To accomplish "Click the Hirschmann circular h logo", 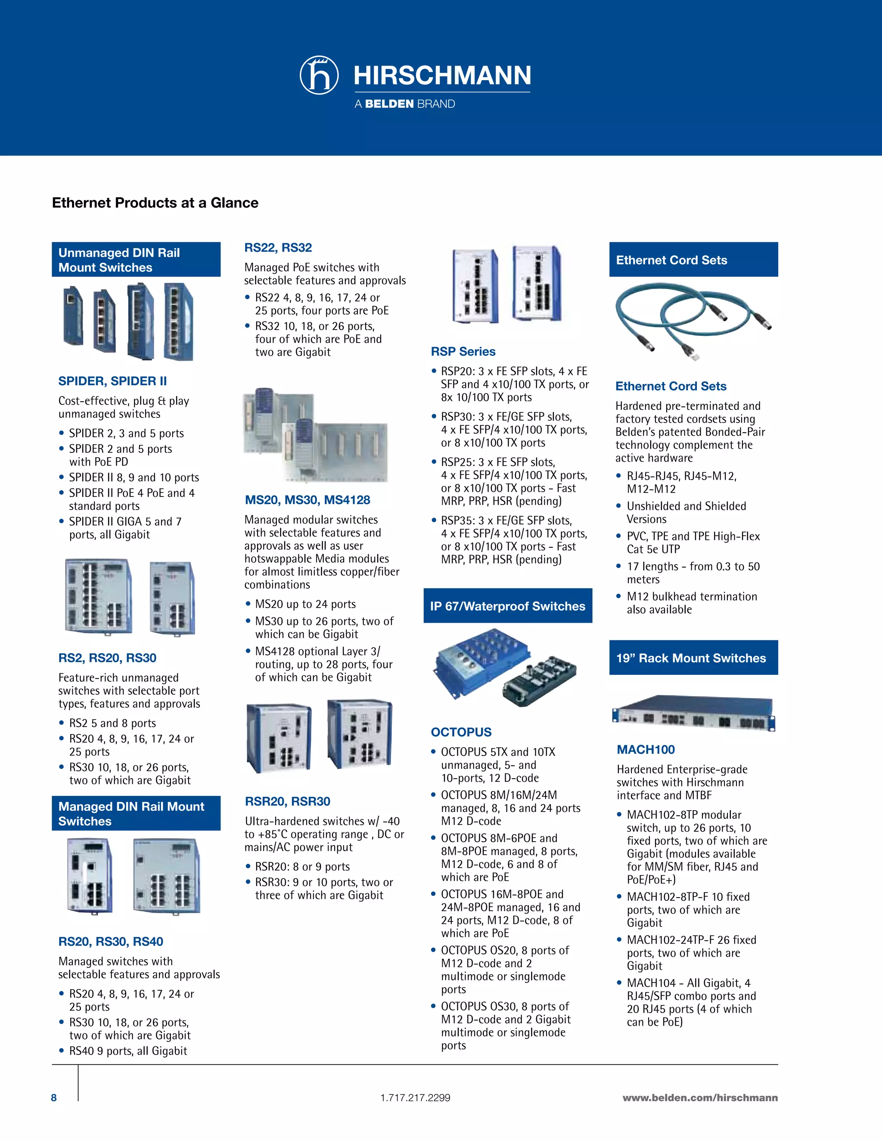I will [319, 75].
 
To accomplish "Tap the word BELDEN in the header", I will [389, 104].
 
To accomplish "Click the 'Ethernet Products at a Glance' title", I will [155, 203].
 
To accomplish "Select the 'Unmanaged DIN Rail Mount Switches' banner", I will [136, 260].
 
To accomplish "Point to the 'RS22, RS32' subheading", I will [278, 248].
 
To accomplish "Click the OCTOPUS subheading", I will [461, 733].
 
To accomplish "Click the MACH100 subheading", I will [646, 750].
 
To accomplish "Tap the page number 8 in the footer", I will [54, 1098].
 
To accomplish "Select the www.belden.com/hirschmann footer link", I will [700, 1098].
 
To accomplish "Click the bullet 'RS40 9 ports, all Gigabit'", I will [128, 1051].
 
